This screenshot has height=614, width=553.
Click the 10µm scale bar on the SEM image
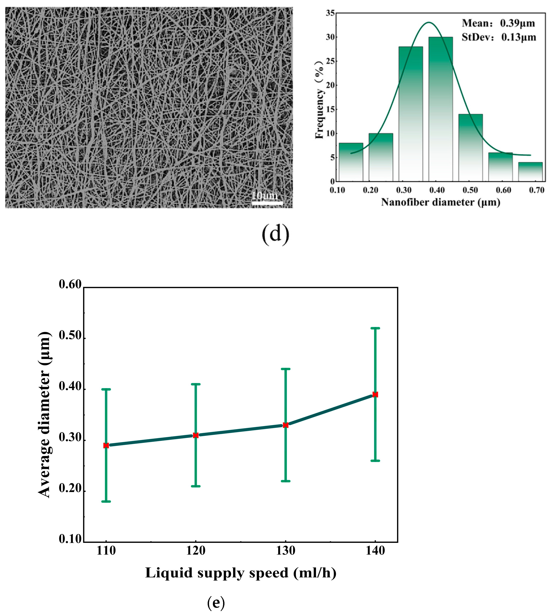click(267, 203)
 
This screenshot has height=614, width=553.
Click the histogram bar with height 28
click(411, 114)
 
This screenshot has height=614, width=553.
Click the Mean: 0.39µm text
click(498, 23)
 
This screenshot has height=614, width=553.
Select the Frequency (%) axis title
click(319, 100)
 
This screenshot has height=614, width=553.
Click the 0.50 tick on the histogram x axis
click(470, 190)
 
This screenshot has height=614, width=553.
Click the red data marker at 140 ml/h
click(375, 394)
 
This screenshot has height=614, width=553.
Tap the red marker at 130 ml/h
click(286, 425)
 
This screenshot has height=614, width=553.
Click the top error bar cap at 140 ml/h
click(375, 328)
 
